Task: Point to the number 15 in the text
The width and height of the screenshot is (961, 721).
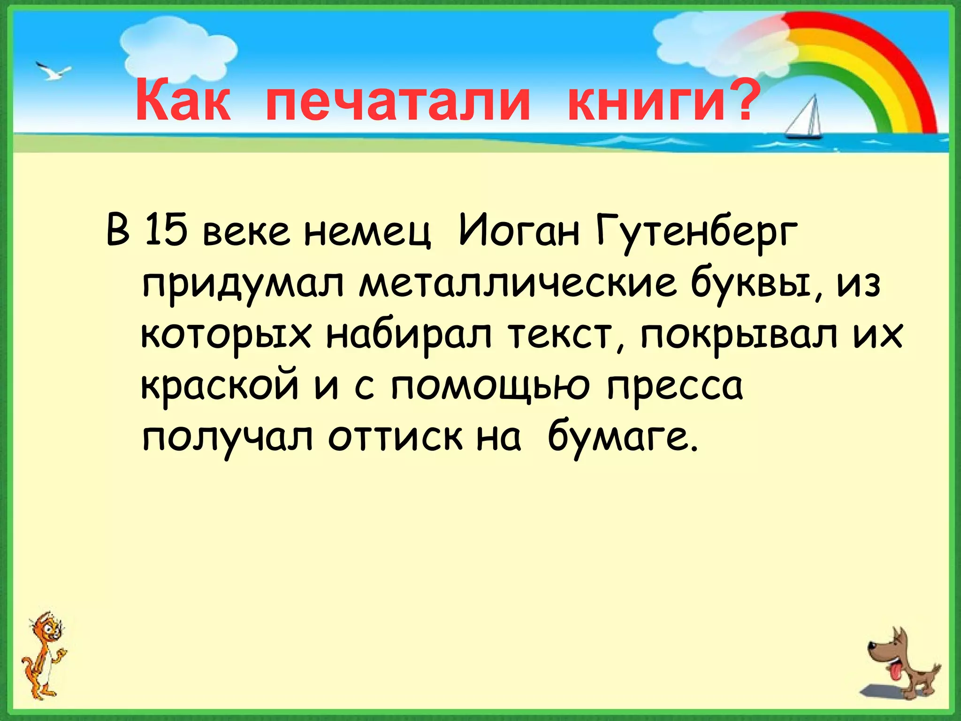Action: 165,230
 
